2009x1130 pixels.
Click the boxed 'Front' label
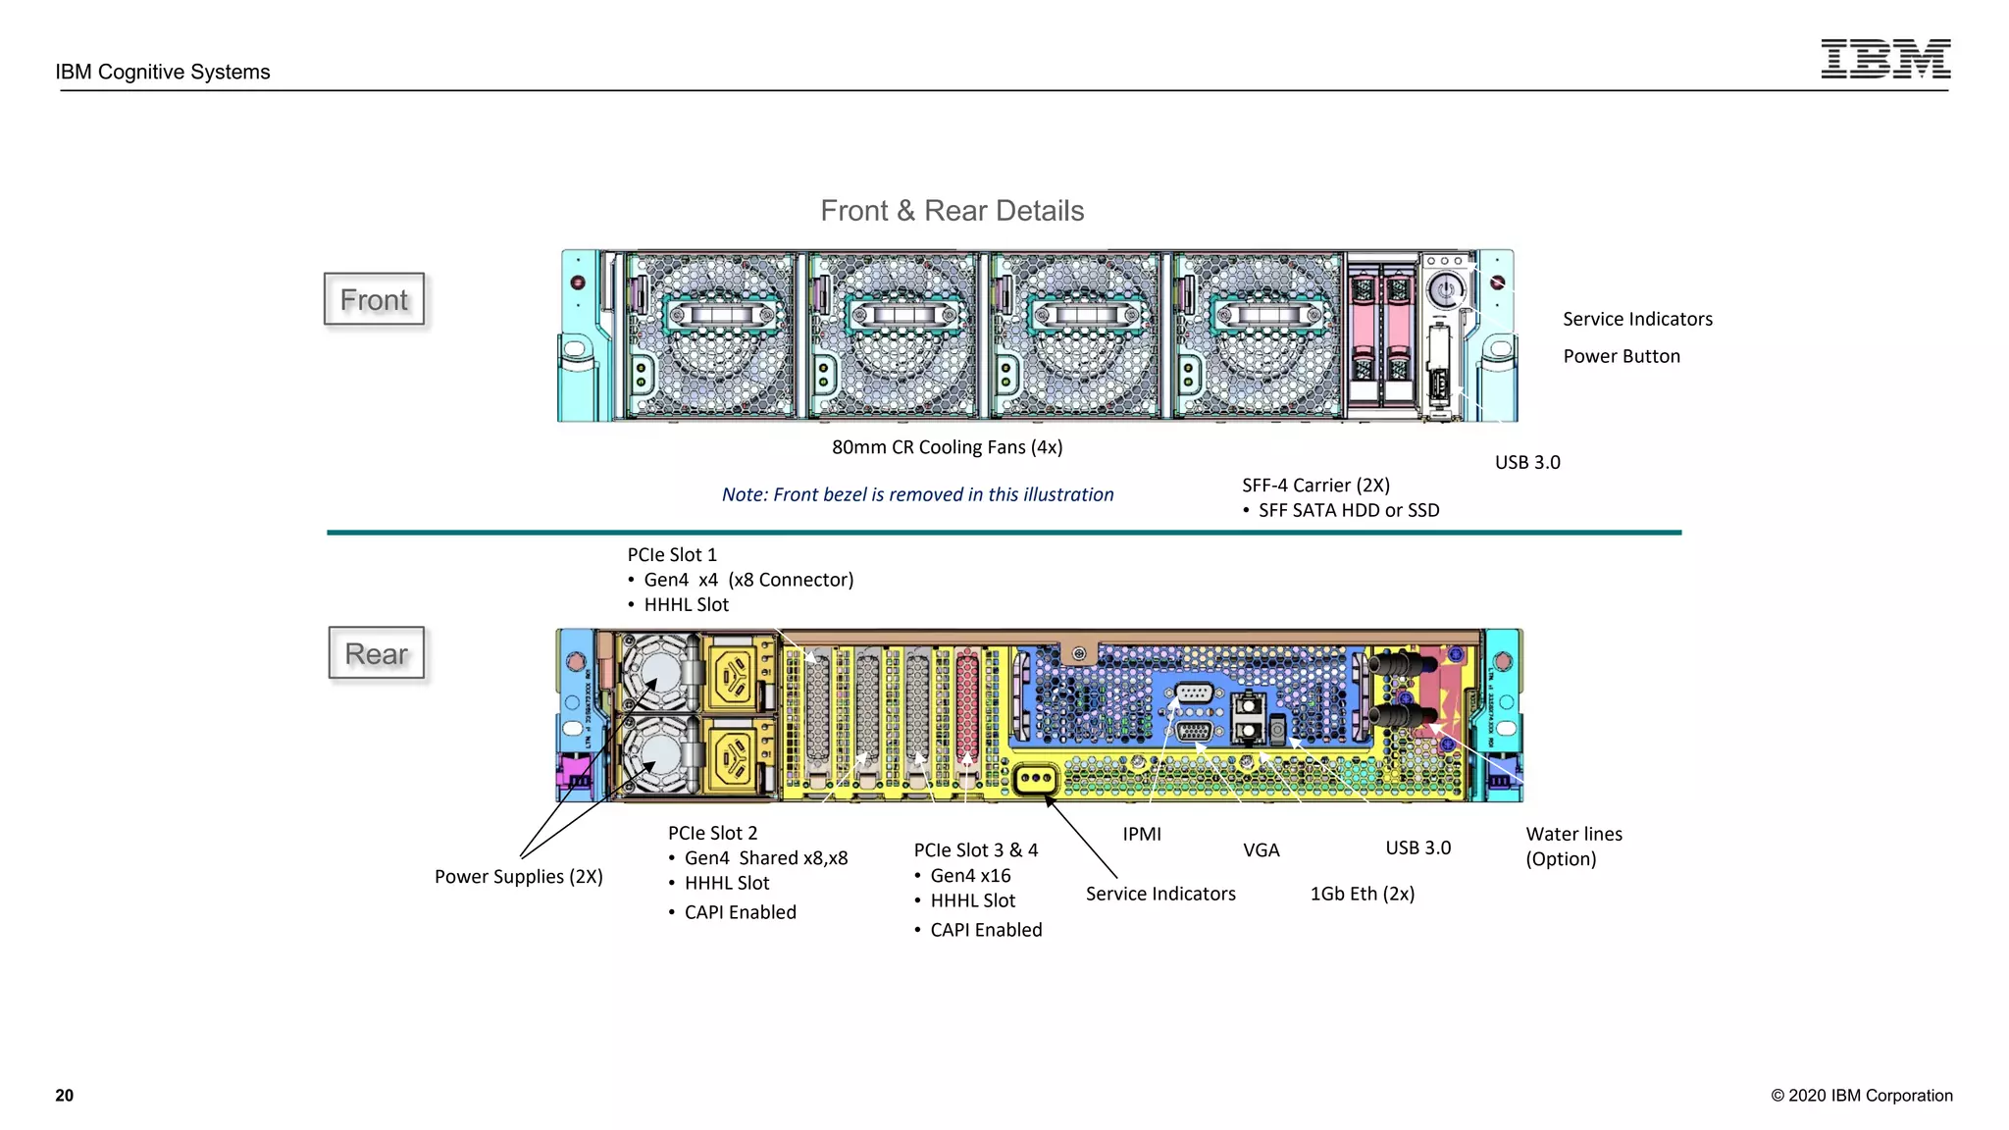374,299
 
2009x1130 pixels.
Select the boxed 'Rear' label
376,653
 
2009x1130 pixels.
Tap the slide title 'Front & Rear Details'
952,211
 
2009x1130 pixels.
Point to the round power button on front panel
1445,290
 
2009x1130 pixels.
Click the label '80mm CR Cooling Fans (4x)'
947,447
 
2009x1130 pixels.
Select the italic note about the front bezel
917,494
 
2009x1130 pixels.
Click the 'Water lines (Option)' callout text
1572,846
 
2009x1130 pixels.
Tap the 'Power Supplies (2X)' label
518,877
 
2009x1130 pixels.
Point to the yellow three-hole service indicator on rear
1036,780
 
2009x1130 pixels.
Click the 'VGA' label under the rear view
1261,850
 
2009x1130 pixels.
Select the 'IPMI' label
1141,834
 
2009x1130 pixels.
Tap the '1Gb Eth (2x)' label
1362,894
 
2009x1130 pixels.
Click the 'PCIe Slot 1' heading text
672,555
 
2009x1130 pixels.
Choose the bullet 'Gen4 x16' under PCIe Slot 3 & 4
969,876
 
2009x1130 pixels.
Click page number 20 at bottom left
65,1096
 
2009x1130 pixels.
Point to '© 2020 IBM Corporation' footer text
1861,1096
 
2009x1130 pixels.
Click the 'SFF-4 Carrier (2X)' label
1314,486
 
